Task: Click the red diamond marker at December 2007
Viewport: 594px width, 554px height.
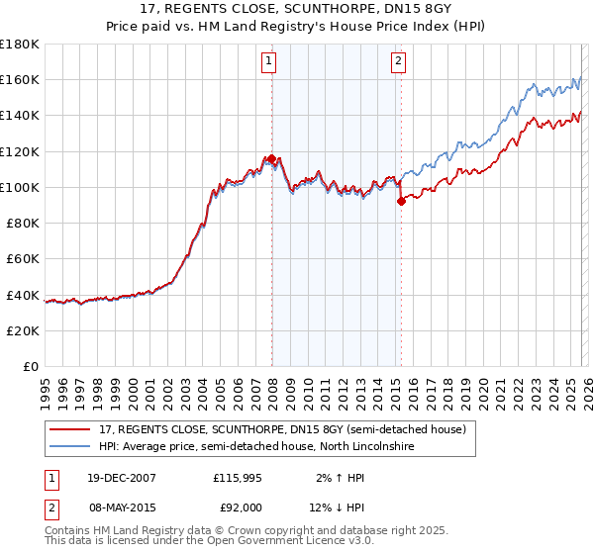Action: (x=271, y=158)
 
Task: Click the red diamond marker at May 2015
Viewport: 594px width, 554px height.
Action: (x=401, y=201)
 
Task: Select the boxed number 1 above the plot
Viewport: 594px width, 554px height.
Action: (x=268, y=61)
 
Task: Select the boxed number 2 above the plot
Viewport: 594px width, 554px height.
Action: (x=398, y=61)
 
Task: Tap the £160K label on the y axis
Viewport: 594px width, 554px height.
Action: (x=20, y=79)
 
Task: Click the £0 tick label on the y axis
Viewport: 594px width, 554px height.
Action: (x=30, y=366)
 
